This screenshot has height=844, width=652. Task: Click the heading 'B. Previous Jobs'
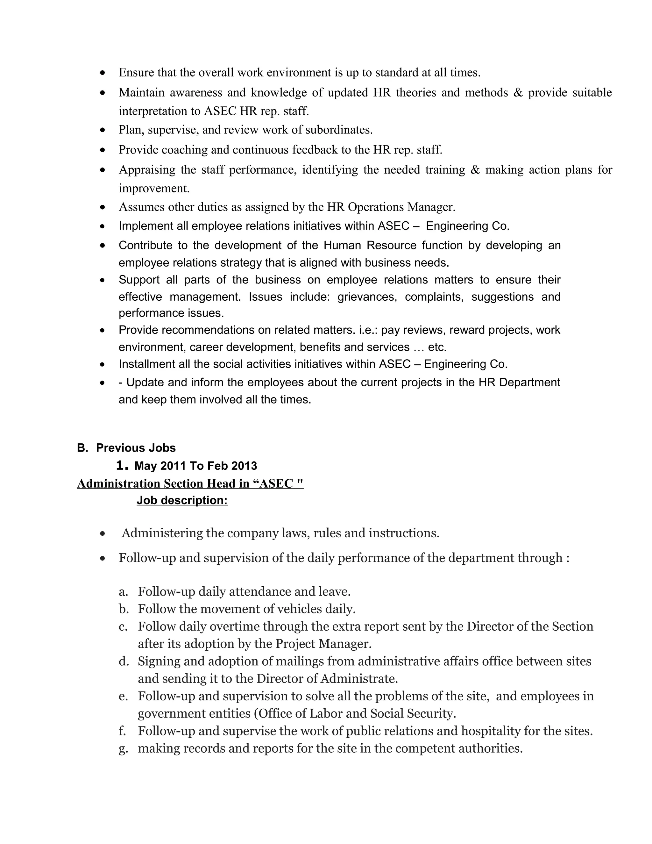coord(126,447)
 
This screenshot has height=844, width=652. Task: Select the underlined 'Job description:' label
coord(182,500)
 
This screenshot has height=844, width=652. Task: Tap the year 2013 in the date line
coord(244,466)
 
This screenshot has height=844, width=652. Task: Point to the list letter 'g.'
coord(123,748)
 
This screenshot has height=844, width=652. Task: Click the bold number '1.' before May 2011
coord(122,466)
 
